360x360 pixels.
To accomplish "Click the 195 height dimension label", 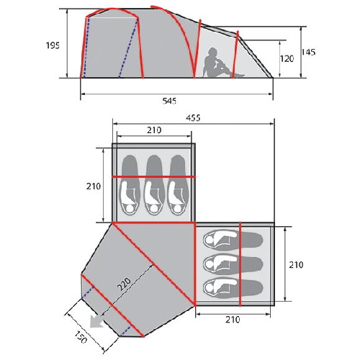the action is pyautogui.click(x=53, y=45).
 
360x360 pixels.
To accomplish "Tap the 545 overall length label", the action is pyautogui.click(x=169, y=101).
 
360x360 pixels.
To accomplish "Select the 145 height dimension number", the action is pyautogui.click(x=308, y=52).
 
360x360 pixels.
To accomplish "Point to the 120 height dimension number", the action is pyautogui.click(x=287, y=59).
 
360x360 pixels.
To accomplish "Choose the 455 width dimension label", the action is pyautogui.click(x=193, y=118).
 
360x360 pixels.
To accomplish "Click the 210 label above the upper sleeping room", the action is pyautogui.click(x=154, y=130).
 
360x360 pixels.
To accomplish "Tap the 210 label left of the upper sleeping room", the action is pyautogui.click(x=94, y=186).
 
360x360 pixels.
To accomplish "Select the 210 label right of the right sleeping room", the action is pyautogui.click(x=296, y=265).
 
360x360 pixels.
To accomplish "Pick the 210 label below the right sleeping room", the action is pyautogui.click(x=233, y=320).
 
